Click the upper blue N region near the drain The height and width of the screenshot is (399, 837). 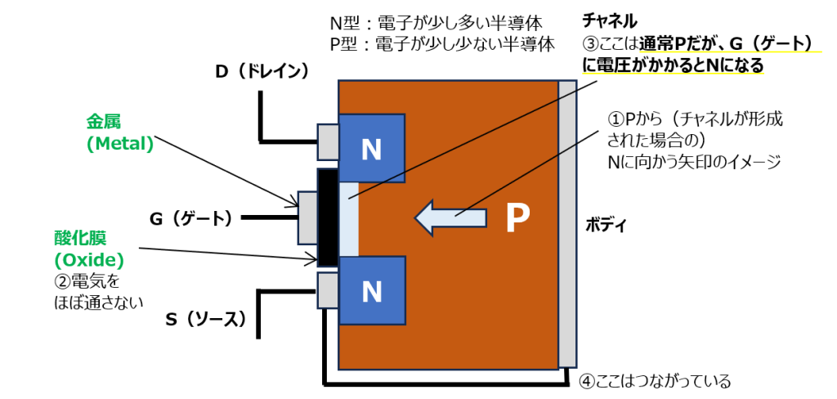[372, 149]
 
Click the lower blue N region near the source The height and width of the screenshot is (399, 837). [372, 289]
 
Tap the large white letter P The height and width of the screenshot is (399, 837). [517, 217]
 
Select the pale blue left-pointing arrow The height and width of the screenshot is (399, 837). [449, 217]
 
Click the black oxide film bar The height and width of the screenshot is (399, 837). [326, 217]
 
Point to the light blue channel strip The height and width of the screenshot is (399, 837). [347, 218]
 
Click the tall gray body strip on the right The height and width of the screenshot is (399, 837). [567, 224]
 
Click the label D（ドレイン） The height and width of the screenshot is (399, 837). [262, 72]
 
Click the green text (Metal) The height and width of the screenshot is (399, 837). [120, 144]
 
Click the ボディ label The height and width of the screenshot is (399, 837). [606, 225]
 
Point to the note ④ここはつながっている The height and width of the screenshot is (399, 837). [654, 381]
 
